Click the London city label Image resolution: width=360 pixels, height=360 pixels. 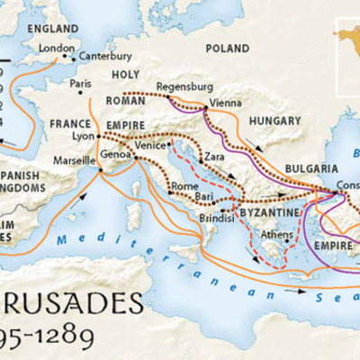tap(56, 49)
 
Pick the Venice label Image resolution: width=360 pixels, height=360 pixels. tap(150, 144)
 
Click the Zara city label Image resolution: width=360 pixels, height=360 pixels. tap(214, 157)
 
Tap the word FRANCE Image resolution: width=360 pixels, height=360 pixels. tap(71, 123)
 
